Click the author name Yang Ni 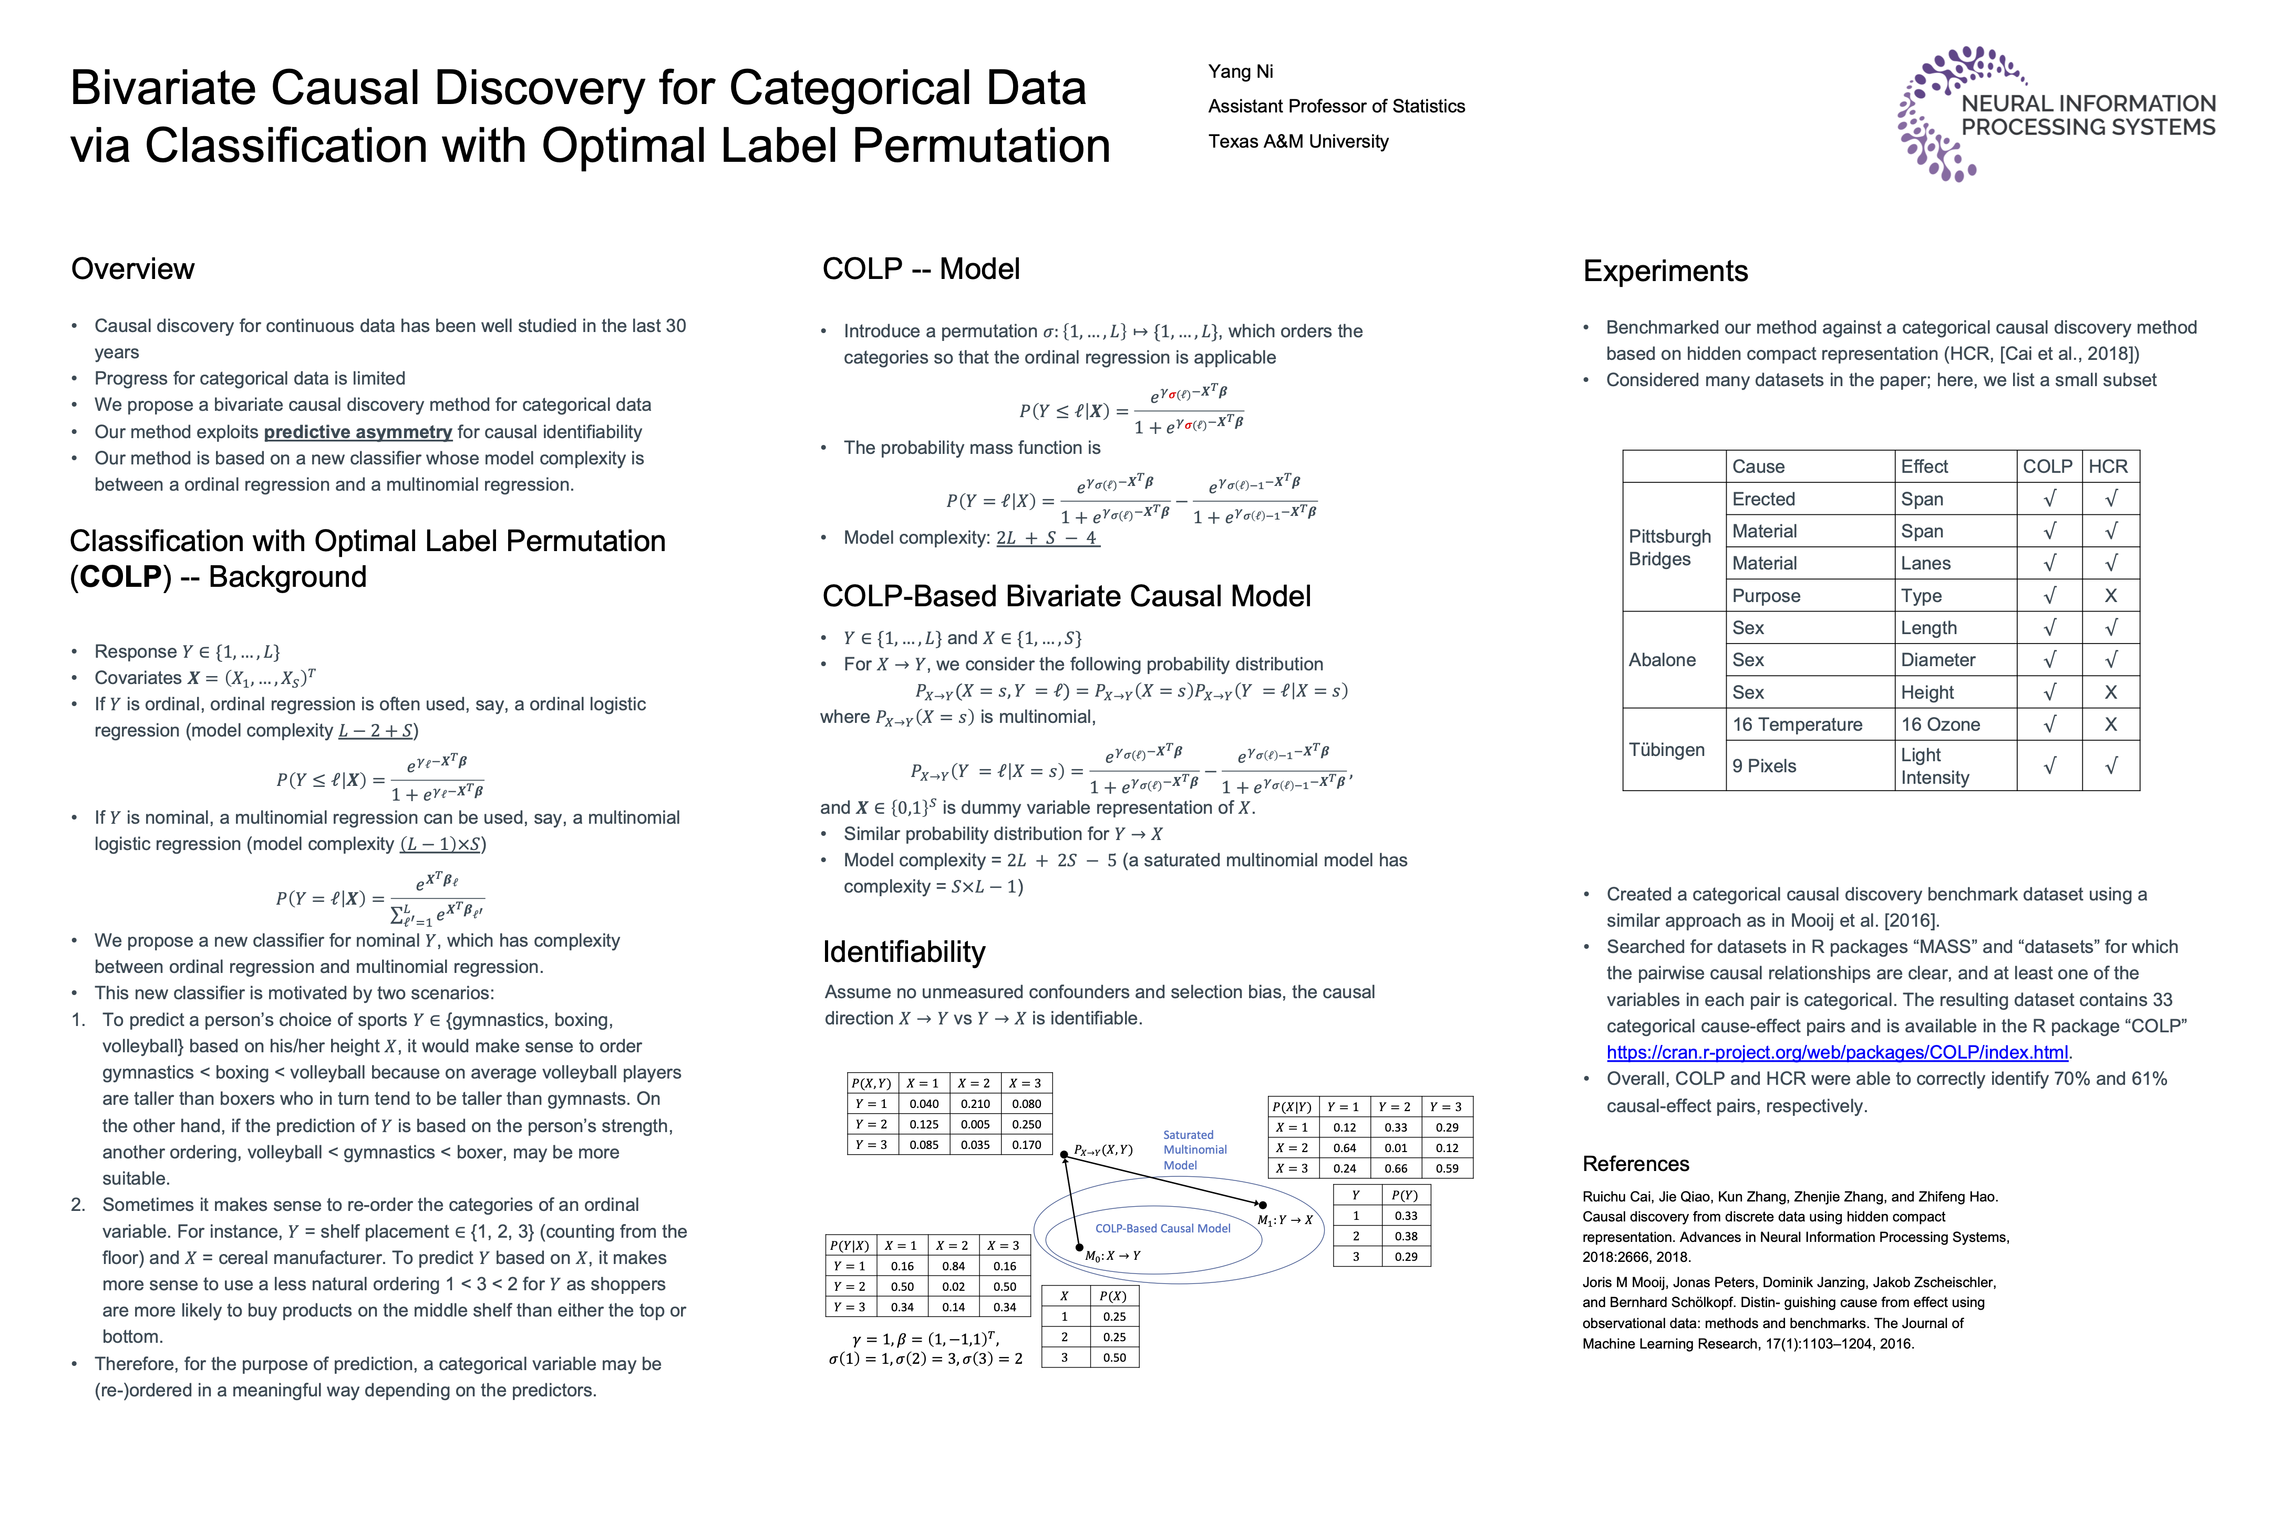coord(1240,71)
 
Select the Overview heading coord(132,269)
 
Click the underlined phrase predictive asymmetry coord(358,432)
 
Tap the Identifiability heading coord(903,952)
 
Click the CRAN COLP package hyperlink coord(1836,1053)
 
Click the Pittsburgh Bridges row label coord(1670,547)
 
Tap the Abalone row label coord(1662,660)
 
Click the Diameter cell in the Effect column coord(1938,660)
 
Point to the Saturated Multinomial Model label coord(1195,1150)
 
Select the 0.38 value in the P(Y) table coord(1406,1236)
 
